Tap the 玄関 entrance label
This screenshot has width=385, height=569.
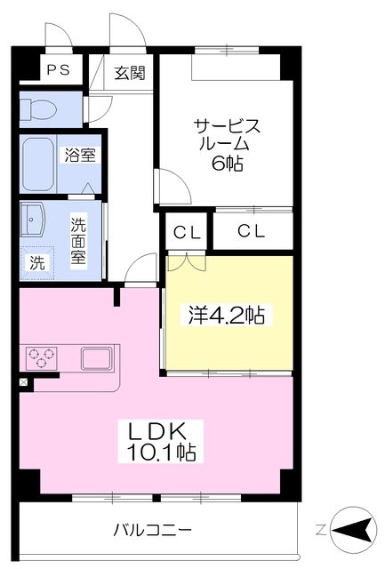pyautogui.click(x=130, y=72)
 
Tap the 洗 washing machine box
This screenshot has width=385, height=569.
pyautogui.click(x=36, y=262)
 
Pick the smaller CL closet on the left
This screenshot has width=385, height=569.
pyautogui.click(x=187, y=233)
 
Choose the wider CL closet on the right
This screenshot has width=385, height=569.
pyautogui.click(x=253, y=232)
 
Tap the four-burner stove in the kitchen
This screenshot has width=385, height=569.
pyautogui.click(x=41, y=358)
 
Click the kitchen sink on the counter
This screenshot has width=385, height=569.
pyautogui.click(x=95, y=358)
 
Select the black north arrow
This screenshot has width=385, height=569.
pyautogui.click(x=356, y=531)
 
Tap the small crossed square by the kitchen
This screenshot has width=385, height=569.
pyautogui.click(x=23, y=383)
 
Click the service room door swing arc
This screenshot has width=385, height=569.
pyautogui.click(x=172, y=188)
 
